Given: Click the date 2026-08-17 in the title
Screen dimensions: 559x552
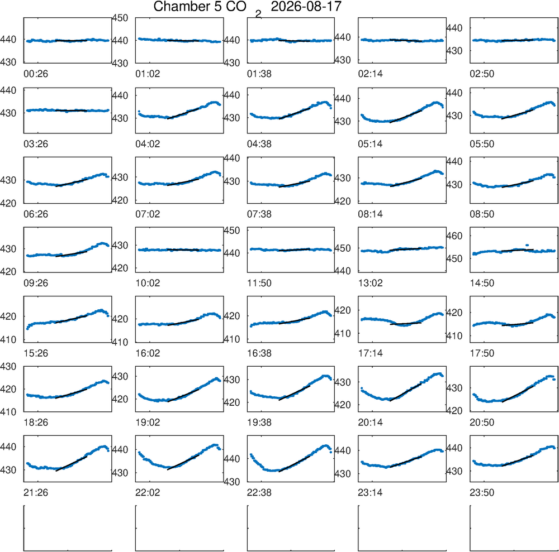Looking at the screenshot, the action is [306, 6].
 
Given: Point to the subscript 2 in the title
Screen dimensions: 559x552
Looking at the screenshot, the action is [258, 15].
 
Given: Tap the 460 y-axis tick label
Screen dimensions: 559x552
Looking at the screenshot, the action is [454, 236].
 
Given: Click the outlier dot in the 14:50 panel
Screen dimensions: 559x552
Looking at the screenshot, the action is [527, 245].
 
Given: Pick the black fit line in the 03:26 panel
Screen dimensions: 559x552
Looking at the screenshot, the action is [72, 111].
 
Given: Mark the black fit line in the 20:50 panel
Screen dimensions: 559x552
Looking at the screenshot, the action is [518, 394].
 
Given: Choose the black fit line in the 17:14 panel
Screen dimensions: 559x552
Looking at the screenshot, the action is [406, 324].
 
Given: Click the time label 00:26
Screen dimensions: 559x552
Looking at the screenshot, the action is [36, 74].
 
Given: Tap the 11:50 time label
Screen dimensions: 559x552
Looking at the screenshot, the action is [259, 284].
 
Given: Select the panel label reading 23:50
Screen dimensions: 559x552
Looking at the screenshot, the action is [482, 493].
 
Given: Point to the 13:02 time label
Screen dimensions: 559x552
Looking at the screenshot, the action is [371, 284].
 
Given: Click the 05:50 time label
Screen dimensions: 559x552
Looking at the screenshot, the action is [482, 144].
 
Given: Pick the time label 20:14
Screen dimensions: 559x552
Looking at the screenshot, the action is [371, 423].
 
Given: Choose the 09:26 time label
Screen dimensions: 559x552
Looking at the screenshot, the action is [36, 284].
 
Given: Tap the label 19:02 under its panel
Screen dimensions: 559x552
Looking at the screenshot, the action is [148, 423].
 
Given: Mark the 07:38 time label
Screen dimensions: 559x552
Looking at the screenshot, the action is [259, 214].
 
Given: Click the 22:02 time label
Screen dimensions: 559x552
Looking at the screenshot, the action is [148, 493].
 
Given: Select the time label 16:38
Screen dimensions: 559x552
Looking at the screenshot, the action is [259, 353].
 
